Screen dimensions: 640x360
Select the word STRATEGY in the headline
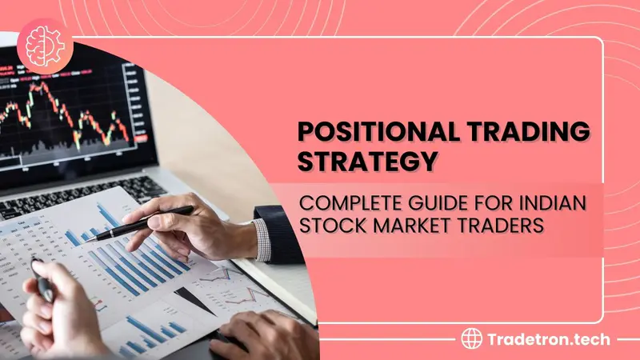coord(368,161)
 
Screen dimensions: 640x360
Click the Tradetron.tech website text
coord(549,339)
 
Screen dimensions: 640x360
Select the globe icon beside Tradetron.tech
coord(471,338)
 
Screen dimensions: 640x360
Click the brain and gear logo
coord(45,46)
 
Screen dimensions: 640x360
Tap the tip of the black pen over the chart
coord(86,242)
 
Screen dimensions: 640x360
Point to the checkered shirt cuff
coord(262,241)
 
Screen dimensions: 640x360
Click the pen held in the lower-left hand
coord(42,281)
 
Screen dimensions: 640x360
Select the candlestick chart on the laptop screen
coord(67,114)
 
